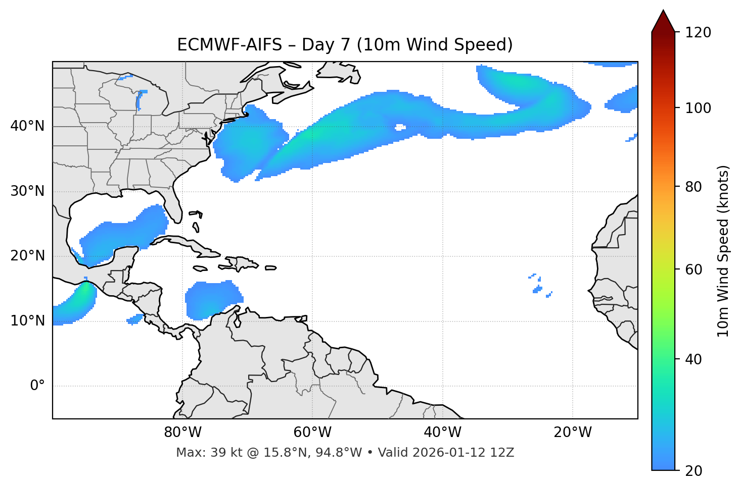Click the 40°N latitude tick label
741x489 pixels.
[27, 126]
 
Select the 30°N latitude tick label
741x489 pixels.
[27, 191]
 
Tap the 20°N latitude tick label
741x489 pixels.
[27, 256]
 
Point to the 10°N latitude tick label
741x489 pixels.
[27, 321]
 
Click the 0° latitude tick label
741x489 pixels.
[37, 386]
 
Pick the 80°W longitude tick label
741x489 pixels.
[182, 432]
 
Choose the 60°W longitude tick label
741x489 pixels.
[312, 432]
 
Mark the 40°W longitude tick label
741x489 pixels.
[442, 432]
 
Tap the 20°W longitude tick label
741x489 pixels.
[572, 432]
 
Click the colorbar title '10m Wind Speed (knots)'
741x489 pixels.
[723, 251]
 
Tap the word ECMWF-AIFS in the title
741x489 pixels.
[229, 45]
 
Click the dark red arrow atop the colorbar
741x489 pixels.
[663, 21]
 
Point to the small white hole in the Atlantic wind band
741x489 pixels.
[400, 128]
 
